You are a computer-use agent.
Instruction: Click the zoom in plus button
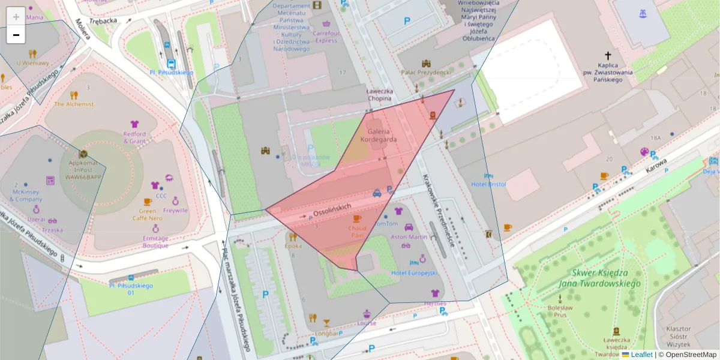click(x=16, y=16)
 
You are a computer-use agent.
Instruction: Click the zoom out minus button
click(x=16, y=35)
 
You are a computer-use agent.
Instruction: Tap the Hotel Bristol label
click(x=488, y=184)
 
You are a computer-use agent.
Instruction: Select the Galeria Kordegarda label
click(x=379, y=135)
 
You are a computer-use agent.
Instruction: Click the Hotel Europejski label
click(x=414, y=273)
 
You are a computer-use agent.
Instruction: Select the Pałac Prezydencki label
click(x=426, y=72)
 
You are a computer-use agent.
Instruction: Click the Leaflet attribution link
click(x=641, y=355)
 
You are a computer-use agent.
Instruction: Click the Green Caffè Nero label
click(x=148, y=214)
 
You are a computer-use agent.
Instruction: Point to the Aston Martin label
click(x=409, y=237)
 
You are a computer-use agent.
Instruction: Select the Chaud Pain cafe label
click(x=357, y=232)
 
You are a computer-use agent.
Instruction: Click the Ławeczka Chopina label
click(x=379, y=94)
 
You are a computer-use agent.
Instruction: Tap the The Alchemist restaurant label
click(x=74, y=104)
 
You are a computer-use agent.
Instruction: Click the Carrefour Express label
click(x=326, y=37)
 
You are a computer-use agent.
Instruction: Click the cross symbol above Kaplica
click(x=607, y=54)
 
